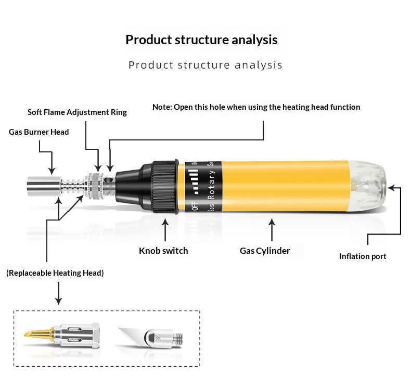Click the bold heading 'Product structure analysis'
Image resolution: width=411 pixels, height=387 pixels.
201,40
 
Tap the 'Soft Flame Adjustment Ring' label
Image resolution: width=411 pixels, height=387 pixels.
77,112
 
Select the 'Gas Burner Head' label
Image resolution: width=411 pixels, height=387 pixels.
39,132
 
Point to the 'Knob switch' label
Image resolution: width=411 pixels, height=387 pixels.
163,251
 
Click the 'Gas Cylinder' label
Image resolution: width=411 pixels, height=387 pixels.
265,251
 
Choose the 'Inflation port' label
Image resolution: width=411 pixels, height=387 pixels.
363,256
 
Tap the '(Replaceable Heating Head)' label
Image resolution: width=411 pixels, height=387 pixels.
55,273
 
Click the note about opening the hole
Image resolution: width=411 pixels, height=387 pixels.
256,107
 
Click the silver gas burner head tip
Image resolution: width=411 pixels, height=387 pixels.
44,186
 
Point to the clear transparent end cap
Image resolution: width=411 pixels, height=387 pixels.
367,186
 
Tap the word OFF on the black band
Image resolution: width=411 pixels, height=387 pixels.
195,205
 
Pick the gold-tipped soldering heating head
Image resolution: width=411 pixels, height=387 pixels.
62,335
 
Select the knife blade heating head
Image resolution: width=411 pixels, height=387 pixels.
150,337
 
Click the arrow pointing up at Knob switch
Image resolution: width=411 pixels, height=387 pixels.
165,230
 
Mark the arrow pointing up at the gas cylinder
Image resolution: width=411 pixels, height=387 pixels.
272,230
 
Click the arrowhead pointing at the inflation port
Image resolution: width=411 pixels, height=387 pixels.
391,188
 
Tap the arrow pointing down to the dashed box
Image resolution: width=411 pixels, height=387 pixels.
58,293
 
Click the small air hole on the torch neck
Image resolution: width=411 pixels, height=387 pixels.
108,180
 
